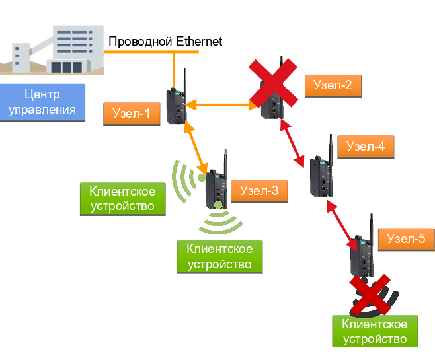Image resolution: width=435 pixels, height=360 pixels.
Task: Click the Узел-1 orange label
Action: click(132, 114)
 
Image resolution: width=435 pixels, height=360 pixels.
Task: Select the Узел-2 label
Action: click(333, 85)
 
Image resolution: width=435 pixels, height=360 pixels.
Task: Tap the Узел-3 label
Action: click(259, 192)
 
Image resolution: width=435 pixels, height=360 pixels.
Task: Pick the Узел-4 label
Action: click(366, 147)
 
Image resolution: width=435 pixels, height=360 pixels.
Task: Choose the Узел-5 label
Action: click(406, 238)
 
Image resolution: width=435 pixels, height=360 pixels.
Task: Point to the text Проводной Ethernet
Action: click(165, 42)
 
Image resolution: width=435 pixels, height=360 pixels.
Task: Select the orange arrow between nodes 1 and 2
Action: click(218, 104)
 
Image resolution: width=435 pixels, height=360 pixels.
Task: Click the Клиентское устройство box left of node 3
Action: click(122, 199)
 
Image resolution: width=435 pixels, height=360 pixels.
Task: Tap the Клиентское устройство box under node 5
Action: click(375, 332)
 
